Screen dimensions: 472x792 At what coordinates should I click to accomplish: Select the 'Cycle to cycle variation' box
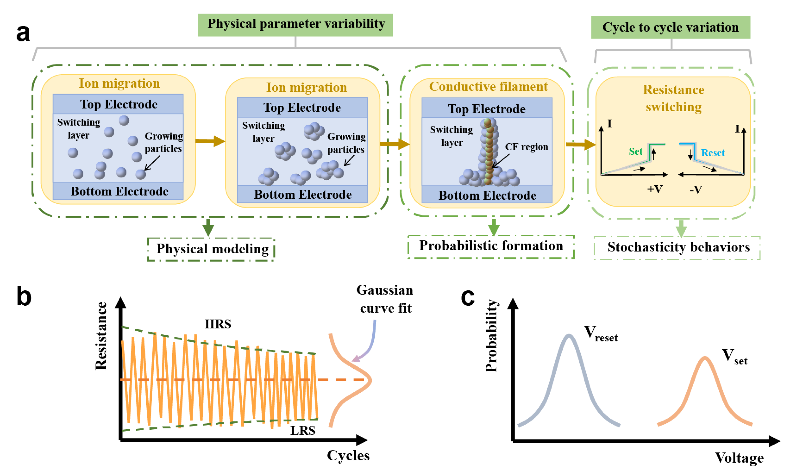pyautogui.click(x=671, y=27)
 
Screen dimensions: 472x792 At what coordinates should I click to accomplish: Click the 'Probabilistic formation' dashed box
pyautogui.click(x=491, y=246)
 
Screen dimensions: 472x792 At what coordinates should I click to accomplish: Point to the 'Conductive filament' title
pyautogui.click(x=488, y=86)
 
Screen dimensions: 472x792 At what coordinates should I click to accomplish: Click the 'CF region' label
pyautogui.click(x=526, y=147)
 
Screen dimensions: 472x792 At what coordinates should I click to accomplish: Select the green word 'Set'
pyautogui.click(x=635, y=151)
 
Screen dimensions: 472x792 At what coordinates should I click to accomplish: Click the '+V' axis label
pyautogui.click(x=655, y=189)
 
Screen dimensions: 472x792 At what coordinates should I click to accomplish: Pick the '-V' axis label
pyautogui.click(x=695, y=190)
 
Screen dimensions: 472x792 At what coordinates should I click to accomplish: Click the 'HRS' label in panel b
pyautogui.click(x=218, y=324)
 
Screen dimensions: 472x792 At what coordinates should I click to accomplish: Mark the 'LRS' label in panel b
pyautogui.click(x=303, y=431)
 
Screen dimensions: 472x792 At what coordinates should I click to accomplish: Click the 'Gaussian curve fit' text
pyautogui.click(x=385, y=299)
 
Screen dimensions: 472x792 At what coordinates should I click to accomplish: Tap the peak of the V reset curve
pyautogui.click(x=569, y=336)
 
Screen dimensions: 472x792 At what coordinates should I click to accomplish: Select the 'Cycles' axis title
pyautogui.click(x=348, y=456)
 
